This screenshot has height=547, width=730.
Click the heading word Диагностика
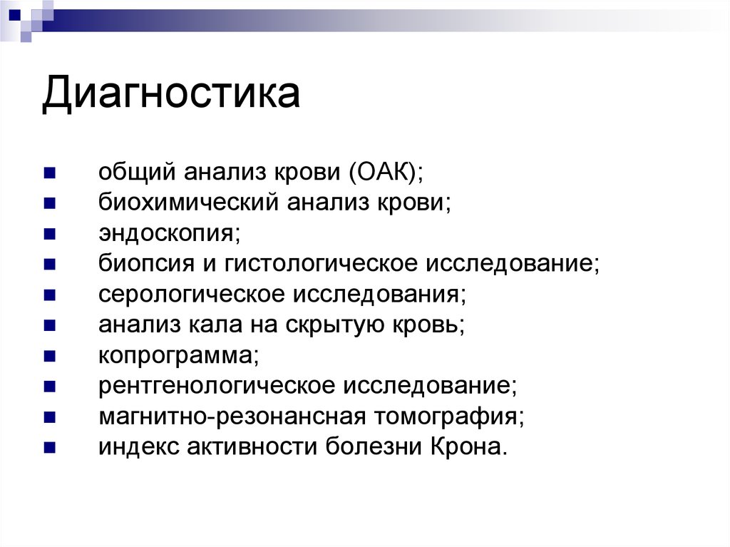point(170,95)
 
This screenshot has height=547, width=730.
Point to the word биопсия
point(146,265)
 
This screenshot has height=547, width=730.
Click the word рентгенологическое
point(217,386)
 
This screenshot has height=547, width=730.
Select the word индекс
point(138,447)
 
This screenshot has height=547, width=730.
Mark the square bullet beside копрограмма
point(48,356)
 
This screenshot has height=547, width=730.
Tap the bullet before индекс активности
point(48,447)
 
